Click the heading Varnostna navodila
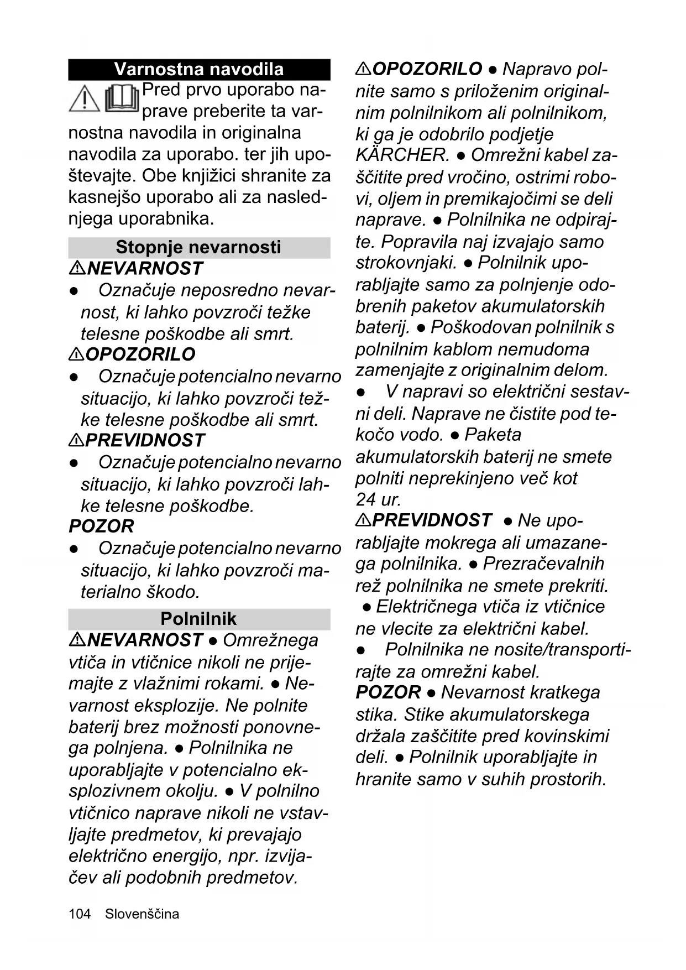pos(198,69)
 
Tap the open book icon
pos(121,100)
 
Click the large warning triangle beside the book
pos(84,100)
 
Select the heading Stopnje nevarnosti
pos(198,247)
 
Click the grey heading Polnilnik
pos(198,618)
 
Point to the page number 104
pos(80,914)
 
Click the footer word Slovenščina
pos(142,914)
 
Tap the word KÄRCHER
pos(402,155)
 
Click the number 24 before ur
pos(365,499)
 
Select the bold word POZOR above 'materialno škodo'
pos(101,526)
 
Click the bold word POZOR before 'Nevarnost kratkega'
pos(388,692)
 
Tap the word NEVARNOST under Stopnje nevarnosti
pos(145,269)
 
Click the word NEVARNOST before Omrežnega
pos(145,640)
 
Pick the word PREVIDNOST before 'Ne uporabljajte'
pos(432,520)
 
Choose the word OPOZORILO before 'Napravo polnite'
pos(427,69)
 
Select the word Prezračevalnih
pos(543,564)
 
